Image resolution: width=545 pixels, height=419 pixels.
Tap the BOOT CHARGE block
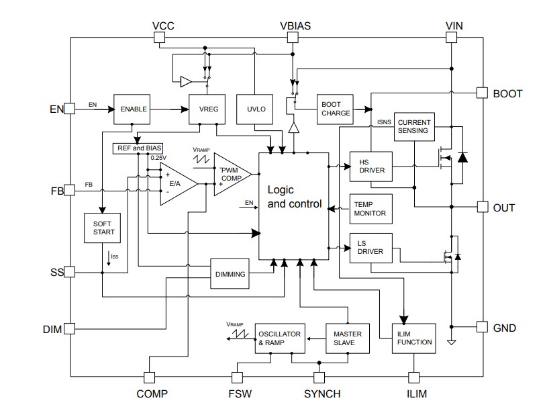click(x=336, y=108)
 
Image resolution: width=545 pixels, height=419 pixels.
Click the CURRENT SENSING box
click(x=413, y=126)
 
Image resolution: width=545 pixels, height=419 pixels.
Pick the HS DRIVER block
click(x=371, y=165)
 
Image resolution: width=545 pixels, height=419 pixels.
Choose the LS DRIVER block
click(x=371, y=247)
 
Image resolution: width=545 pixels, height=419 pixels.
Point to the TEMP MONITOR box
click(x=371, y=208)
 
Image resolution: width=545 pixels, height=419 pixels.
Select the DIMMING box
click(x=230, y=273)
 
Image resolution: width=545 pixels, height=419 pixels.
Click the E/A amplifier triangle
click(x=176, y=183)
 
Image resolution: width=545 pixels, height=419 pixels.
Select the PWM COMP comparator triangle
click(x=230, y=175)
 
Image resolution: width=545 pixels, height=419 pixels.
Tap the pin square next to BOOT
click(x=481, y=93)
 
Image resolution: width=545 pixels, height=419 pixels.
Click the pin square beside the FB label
click(x=69, y=191)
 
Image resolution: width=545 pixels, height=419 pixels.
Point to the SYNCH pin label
click(x=321, y=393)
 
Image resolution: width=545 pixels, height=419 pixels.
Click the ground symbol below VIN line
click(x=451, y=342)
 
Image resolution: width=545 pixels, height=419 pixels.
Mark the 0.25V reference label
click(x=158, y=158)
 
